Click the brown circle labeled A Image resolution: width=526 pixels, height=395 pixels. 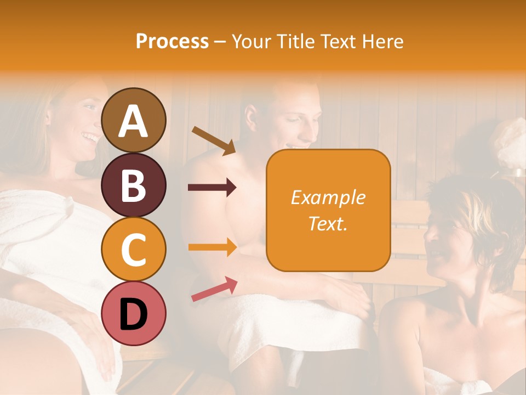pyautogui.click(x=133, y=120)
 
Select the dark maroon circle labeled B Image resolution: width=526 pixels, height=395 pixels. pyautogui.click(x=133, y=185)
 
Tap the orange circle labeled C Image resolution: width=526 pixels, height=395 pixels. pyautogui.click(x=133, y=249)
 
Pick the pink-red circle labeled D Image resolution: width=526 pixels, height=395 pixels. pyautogui.click(x=133, y=314)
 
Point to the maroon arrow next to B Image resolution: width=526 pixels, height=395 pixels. pyautogui.click(x=212, y=188)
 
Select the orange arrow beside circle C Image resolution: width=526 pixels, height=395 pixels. pyautogui.click(x=213, y=247)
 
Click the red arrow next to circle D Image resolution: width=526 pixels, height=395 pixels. pyautogui.click(x=214, y=289)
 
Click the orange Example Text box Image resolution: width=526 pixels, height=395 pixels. pyautogui.click(x=328, y=210)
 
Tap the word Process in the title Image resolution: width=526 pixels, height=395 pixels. pyautogui.click(x=172, y=41)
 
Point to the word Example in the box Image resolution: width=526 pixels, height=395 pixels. pyautogui.click(x=328, y=198)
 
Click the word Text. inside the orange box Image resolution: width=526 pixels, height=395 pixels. pyautogui.click(x=328, y=223)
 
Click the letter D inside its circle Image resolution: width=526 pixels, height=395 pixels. pyautogui.click(x=133, y=314)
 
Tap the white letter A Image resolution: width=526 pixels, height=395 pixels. pyautogui.click(x=133, y=121)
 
